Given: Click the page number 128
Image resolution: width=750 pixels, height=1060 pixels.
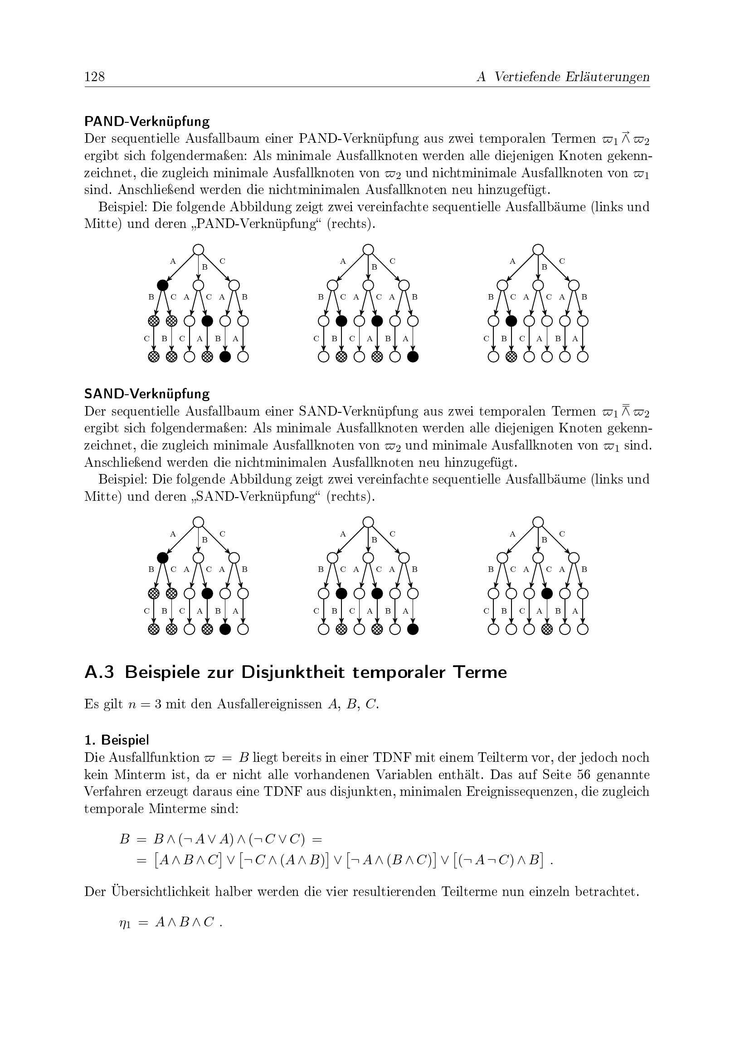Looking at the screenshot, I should [95, 76].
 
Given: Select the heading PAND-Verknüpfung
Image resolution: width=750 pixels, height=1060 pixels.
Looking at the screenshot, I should [147, 121].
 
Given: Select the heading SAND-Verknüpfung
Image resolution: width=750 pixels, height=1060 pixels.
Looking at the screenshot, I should [147, 394].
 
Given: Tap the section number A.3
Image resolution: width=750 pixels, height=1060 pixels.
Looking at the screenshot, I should [99, 672].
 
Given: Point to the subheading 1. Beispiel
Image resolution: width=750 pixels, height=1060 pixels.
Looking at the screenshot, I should [117, 740].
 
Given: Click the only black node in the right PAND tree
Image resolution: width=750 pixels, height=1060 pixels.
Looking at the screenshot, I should [511, 321].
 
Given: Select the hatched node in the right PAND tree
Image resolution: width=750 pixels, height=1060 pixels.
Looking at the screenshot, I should [511, 357].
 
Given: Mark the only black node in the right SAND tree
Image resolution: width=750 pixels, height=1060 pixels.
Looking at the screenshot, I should [547, 593].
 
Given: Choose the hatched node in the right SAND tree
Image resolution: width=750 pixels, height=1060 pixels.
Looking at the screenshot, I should [547, 629].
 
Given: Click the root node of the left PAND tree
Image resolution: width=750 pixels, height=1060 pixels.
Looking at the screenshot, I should [198, 249].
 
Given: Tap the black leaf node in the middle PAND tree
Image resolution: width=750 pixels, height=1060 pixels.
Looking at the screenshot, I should [413, 357].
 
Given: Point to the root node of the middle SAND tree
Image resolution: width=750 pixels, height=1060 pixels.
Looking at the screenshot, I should [368, 522].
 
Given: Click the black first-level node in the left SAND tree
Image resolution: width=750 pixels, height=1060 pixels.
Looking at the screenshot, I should [163, 558].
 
